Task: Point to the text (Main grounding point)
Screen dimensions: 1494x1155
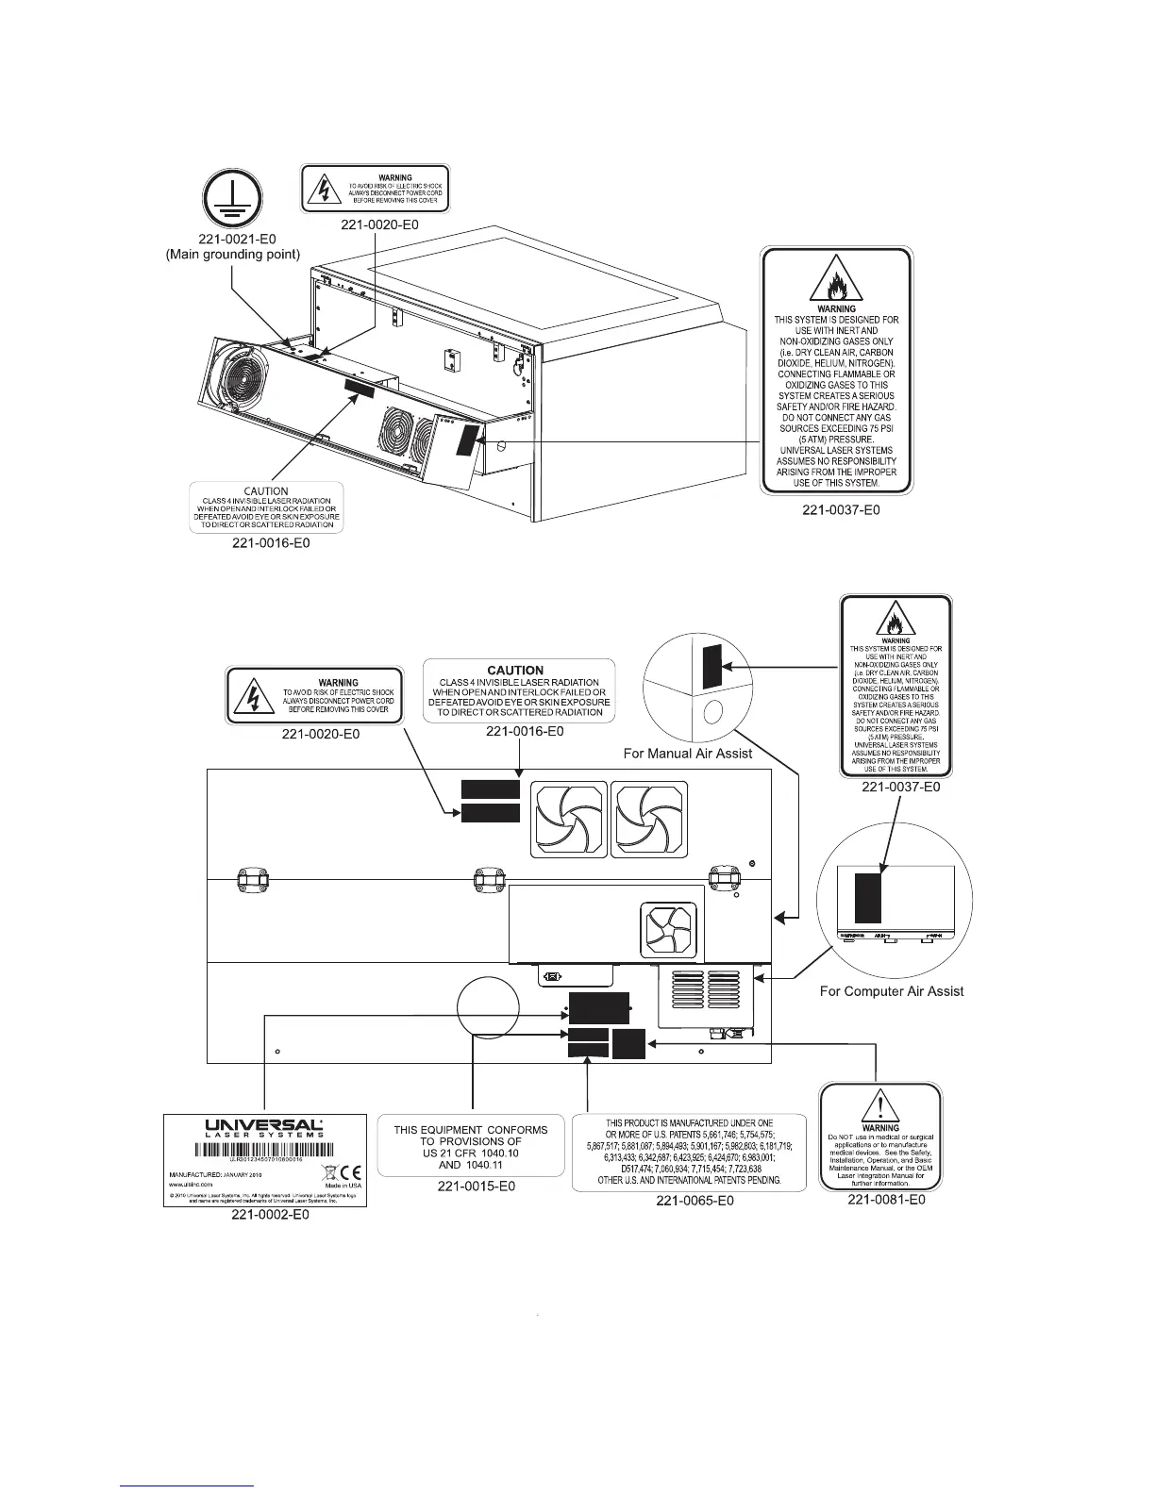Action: [233, 254]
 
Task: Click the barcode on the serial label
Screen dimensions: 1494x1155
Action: [265, 1150]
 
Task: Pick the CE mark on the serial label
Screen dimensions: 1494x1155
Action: [345, 1172]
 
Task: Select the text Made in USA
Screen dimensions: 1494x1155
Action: [343, 1186]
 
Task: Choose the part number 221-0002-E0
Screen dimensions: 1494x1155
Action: [271, 1216]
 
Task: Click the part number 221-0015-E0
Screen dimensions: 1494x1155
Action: [476, 1186]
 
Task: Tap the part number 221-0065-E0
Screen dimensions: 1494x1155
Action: [695, 1201]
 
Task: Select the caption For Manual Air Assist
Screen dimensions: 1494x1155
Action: [688, 754]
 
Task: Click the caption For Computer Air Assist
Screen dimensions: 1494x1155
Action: [892, 991]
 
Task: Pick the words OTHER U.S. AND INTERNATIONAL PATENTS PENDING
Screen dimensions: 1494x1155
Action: [690, 1180]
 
